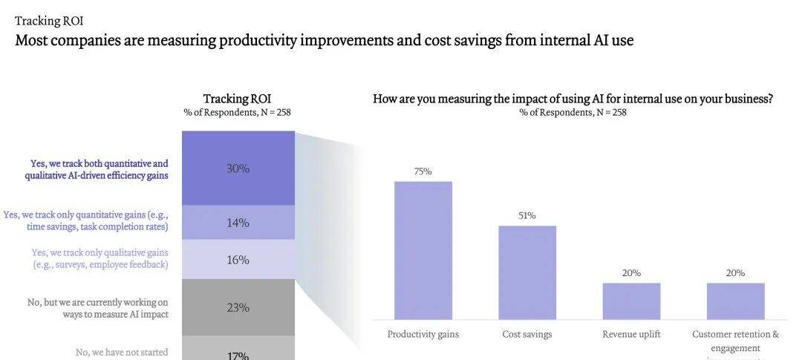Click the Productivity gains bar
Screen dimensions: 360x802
[423, 250]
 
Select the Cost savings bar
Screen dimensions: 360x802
[527, 272]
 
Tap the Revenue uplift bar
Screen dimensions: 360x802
[631, 301]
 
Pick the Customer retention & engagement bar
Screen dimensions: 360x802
[735, 301]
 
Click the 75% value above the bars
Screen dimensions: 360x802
[423, 171]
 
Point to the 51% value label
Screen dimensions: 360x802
[527, 216]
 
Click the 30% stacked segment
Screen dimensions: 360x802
[238, 168]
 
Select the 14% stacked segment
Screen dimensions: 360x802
[238, 223]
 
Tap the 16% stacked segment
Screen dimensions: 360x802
[238, 260]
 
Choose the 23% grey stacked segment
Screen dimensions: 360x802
[238, 307]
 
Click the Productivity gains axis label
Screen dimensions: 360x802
[423, 334]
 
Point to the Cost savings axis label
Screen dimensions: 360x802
[527, 334]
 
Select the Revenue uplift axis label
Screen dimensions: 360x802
[631, 334]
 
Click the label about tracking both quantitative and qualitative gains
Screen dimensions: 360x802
[97, 169]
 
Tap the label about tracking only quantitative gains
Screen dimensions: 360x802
[86, 220]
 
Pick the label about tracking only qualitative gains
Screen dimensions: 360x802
[100, 258]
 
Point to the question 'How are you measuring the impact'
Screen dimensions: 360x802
[573, 99]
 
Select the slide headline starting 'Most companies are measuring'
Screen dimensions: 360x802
[325, 40]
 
